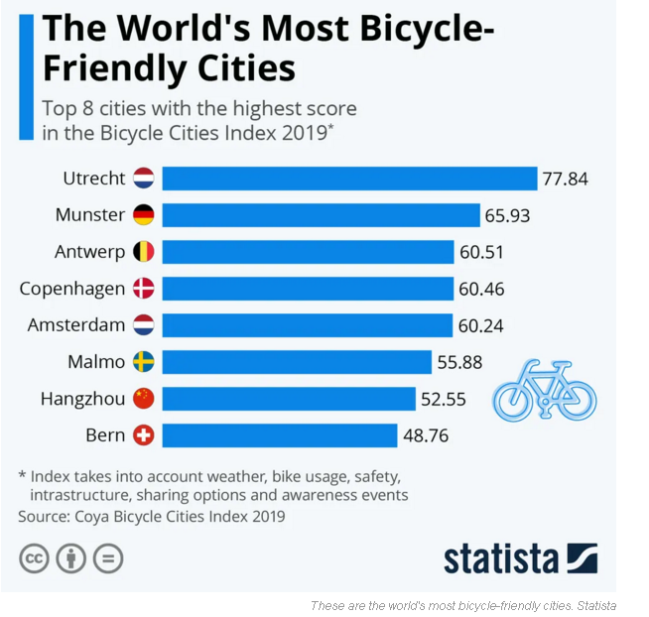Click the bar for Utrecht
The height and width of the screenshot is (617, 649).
[x=348, y=179]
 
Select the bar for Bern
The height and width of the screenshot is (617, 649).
[x=279, y=435]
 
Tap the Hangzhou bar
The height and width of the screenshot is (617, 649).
[x=288, y=399]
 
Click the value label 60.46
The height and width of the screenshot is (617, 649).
[x=481, y=289]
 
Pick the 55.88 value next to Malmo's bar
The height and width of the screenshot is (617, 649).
[x=459, y=362]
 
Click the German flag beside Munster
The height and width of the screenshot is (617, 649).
[x=143, y=215]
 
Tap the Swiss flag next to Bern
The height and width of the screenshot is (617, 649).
[x=143, y=435]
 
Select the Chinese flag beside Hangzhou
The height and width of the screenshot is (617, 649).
[x=143, y=399]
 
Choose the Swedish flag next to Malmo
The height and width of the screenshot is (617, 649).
[x=143, y=362]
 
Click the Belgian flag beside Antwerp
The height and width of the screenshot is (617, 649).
[x=143, y=252]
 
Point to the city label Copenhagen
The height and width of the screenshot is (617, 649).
[x=72, y=289]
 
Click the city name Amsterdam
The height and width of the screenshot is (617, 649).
[x=76, y=325]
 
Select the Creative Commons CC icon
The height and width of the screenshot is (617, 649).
[x=35, y=558]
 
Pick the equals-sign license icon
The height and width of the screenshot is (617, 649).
[x=107, y=558]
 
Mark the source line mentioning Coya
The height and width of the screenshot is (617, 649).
[x=151, y=516]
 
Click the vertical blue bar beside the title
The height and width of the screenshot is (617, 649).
[x=24, y=74]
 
